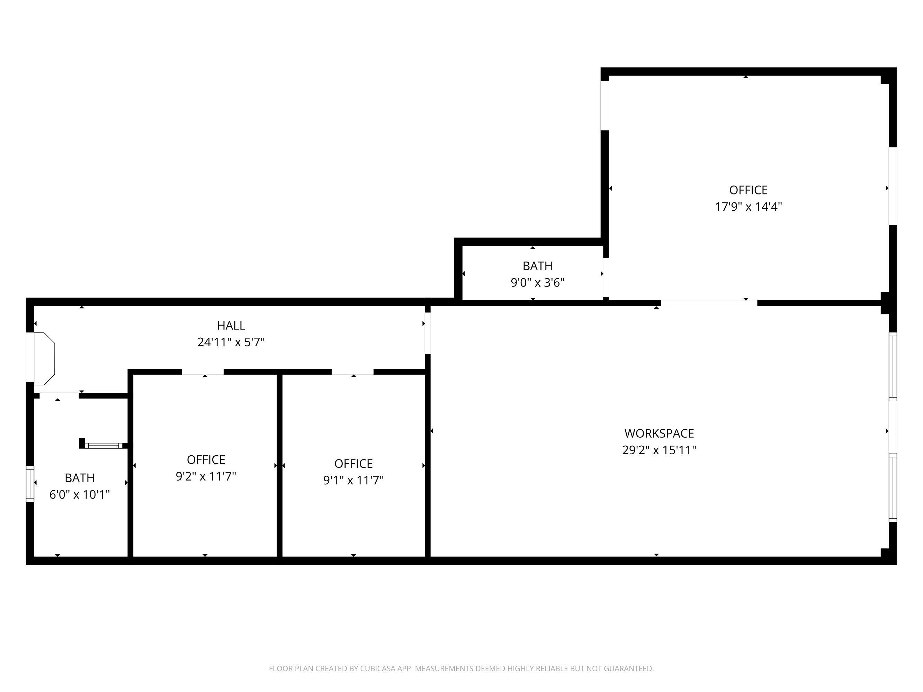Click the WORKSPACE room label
[x=659, y=434]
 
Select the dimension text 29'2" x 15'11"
[x=659, y=450]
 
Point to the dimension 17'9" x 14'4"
[x=748, y=207]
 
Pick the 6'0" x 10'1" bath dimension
[x=80, y=495]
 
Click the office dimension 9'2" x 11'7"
[x=206, y=476]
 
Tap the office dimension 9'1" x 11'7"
[x=353, y=481]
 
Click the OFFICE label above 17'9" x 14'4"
[x=748, y=190]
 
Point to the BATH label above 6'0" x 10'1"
[x=80, y=478]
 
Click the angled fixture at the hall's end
[x=44, y=359]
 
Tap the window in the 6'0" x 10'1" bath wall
[x=30, y=484]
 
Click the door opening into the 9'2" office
[x=203, y=372]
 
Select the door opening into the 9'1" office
[x=352, y=372]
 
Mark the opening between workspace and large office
[x=709, y=303]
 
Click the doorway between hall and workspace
[x=427, y=333]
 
